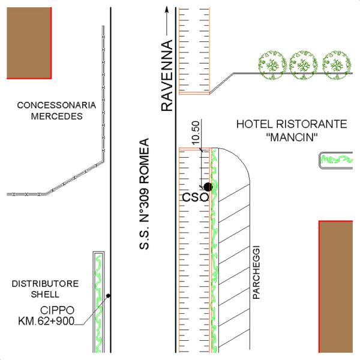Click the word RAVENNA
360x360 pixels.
pyautogui.click(x=166, y=76)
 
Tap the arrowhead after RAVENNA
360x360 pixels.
pyautogui.click(x=166, y=11)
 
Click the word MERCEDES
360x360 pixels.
pyautogui.click(x=56, y=117)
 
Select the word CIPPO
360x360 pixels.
pyautogui.click(x=57, y=310)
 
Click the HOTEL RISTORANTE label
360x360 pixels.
pyautogui.click(x=292, y=125)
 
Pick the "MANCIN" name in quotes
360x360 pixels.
pyautogui.click(x=291, y=137)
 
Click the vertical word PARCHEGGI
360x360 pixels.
pyautogui.click(x=256, y=272)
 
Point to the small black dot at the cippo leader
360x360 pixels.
pyautogui.click(x=108, y=295)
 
